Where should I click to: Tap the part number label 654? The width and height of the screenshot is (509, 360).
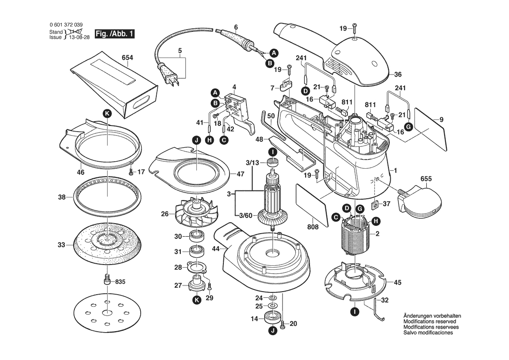(128, 58)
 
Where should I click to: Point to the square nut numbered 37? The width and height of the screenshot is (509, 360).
(374, 205)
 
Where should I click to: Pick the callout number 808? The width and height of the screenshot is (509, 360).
(313, 227)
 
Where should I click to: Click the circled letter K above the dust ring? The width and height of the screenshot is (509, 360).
(107, 114)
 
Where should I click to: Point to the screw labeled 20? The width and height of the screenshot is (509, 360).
(282, 323)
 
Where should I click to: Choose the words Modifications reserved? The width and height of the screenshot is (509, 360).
(428, 321)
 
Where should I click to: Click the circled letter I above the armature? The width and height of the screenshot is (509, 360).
(272, 152)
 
